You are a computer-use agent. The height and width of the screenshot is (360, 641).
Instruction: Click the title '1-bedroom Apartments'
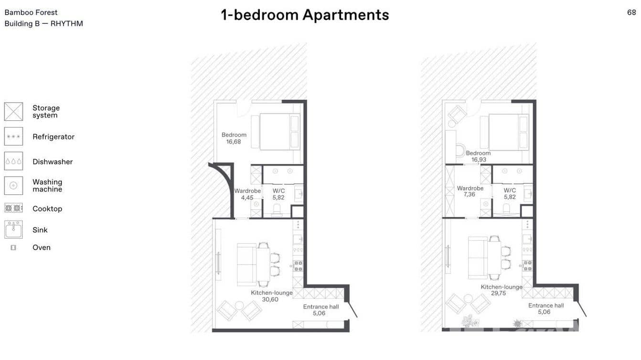(x=305, y=15)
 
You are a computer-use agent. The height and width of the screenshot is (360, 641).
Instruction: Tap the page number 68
(x=631, y=13)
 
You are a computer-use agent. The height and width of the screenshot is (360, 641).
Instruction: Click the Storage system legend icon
(x=13, y=112)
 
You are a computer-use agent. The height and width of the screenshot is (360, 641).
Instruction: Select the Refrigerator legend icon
(x=13, y=137)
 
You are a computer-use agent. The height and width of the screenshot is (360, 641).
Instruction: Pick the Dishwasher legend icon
(x=13, y=161)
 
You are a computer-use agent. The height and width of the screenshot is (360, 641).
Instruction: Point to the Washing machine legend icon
(x=13, y=186)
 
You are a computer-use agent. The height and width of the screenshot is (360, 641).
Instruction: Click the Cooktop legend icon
(x=13, y=208)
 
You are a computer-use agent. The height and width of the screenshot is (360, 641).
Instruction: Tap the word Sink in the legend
(x=40, y=230)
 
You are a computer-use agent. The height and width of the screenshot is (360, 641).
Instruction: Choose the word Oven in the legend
(x=42, y=247)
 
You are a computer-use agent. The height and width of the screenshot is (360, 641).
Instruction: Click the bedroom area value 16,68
(x=234, y=142)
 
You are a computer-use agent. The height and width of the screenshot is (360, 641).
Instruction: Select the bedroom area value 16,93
(x=479, y=160)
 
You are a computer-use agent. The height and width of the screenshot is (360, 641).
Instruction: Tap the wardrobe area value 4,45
(x=247, y=198)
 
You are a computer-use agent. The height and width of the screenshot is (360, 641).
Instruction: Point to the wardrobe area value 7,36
(x=470, y=195)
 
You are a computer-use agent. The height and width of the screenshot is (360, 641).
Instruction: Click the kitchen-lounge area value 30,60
(x=270, y=299)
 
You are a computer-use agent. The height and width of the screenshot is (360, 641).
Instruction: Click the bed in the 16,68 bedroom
(x=279, y=132)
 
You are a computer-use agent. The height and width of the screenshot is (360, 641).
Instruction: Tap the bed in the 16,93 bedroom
(x=509, y=132)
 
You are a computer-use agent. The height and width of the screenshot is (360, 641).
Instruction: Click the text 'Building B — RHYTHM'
(x=44, y=23)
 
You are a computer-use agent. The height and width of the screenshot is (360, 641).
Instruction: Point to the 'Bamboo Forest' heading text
(x=31, y=12)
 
